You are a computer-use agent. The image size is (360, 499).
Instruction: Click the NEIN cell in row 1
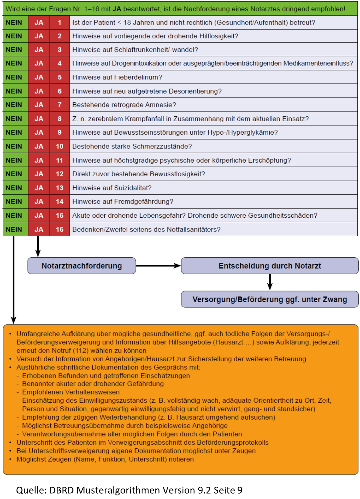(14, 22)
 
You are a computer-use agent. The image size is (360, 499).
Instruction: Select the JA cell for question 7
(39, 105)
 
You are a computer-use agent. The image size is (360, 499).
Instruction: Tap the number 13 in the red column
(59, 188)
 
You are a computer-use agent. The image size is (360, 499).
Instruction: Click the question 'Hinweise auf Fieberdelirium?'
(117, 77)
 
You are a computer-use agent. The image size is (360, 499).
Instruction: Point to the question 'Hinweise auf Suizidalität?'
(112, 188)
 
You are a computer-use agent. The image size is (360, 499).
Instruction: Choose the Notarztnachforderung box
(82, 266)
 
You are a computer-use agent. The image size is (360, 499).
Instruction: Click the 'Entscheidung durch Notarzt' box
(270, 266)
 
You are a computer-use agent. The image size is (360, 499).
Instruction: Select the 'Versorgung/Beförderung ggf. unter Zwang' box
(270, 299)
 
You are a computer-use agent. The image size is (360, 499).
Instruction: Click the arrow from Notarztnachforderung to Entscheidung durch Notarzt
(158, 266)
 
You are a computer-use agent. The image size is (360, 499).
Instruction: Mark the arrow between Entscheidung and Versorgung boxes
(270, 282)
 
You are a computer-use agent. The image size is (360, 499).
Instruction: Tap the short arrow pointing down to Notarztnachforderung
(38, 246)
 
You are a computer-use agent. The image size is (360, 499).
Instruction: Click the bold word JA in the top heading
(117, 9)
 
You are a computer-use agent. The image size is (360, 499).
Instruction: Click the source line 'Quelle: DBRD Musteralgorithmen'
(129, 490)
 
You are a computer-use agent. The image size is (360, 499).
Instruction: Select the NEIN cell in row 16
(14, 229)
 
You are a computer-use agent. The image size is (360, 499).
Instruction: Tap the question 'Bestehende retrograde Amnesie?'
(124, 105)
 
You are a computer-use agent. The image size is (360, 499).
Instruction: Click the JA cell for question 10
(39, 146)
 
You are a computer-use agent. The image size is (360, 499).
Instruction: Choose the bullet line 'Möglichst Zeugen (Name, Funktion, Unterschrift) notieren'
(105, 459)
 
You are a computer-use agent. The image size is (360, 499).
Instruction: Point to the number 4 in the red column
(59, 64)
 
